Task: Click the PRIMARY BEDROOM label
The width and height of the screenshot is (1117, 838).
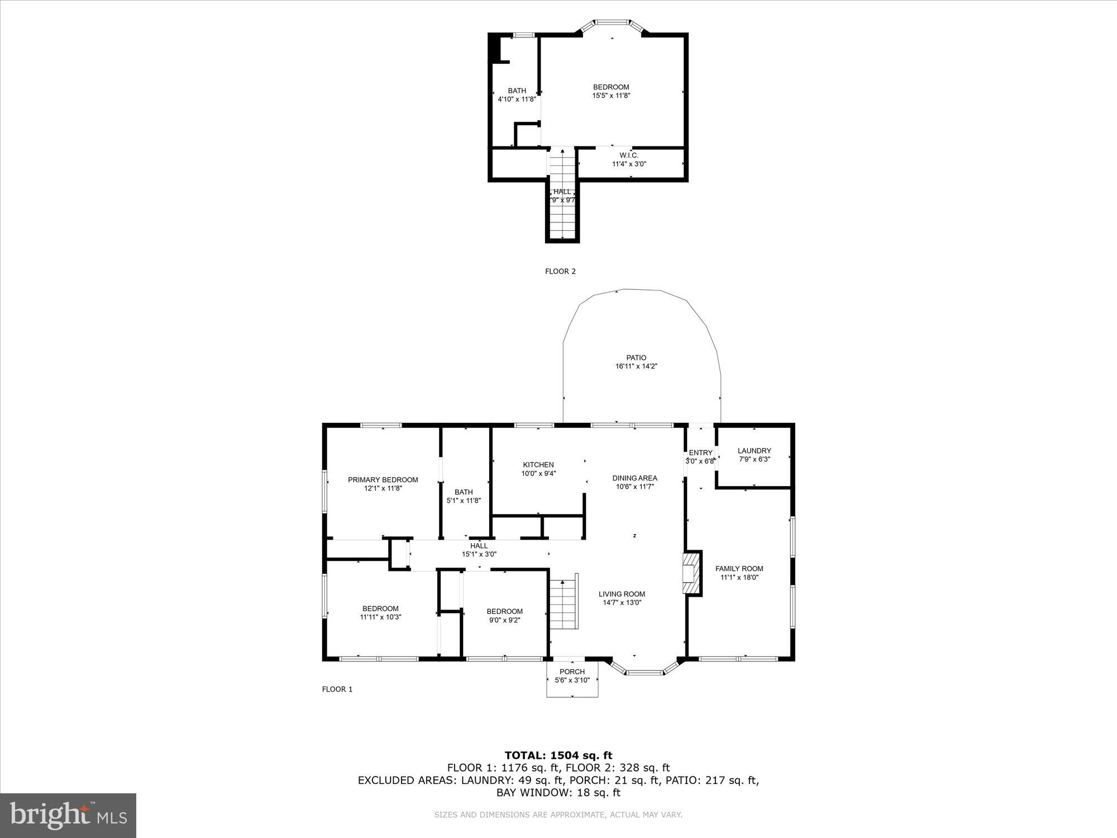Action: pyautogui.click(x=383, y=480)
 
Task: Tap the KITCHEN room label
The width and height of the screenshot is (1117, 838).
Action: pyautogui.click(x=538, y=465)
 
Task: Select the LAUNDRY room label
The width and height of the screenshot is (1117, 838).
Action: pyautogui.click(x=754, y=451)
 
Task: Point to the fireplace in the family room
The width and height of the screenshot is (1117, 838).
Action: pyautogui.click(x=691, y=573)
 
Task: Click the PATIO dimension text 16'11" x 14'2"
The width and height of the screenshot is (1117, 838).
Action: pyautogui.click(x=636, y=366)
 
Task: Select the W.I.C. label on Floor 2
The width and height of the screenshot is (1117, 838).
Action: pyautogui.click(x=629, y=155)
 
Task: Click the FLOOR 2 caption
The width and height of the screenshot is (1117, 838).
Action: pyautogui.click(x=560, y=272)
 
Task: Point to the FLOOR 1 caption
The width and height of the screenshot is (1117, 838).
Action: pyautogui.click(x=337, y=689)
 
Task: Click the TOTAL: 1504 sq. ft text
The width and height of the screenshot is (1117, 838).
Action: pyautogui.click(x=558, y=756)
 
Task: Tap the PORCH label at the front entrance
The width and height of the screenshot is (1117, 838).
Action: pyautogui.click(x=572, y=672)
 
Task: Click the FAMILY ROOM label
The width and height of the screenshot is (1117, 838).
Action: pyautogui.click(x=739, y=569)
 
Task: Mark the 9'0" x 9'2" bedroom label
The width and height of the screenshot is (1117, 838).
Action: pyautogui.click(x=504, y=620)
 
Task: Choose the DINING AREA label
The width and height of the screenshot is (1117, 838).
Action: pyautogui.click(x=634, y=478)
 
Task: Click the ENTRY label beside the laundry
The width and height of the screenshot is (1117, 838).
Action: pyautogui.click(x=700, y=453)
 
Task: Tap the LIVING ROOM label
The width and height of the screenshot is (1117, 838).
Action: pyautogui.click(x=622, y=594)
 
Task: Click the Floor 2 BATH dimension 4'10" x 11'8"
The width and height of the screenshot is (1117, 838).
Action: pyautogui.click(x=517, y=99)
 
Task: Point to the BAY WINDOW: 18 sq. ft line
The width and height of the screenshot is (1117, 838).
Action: pyautogui.click(x=558, y=793)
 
